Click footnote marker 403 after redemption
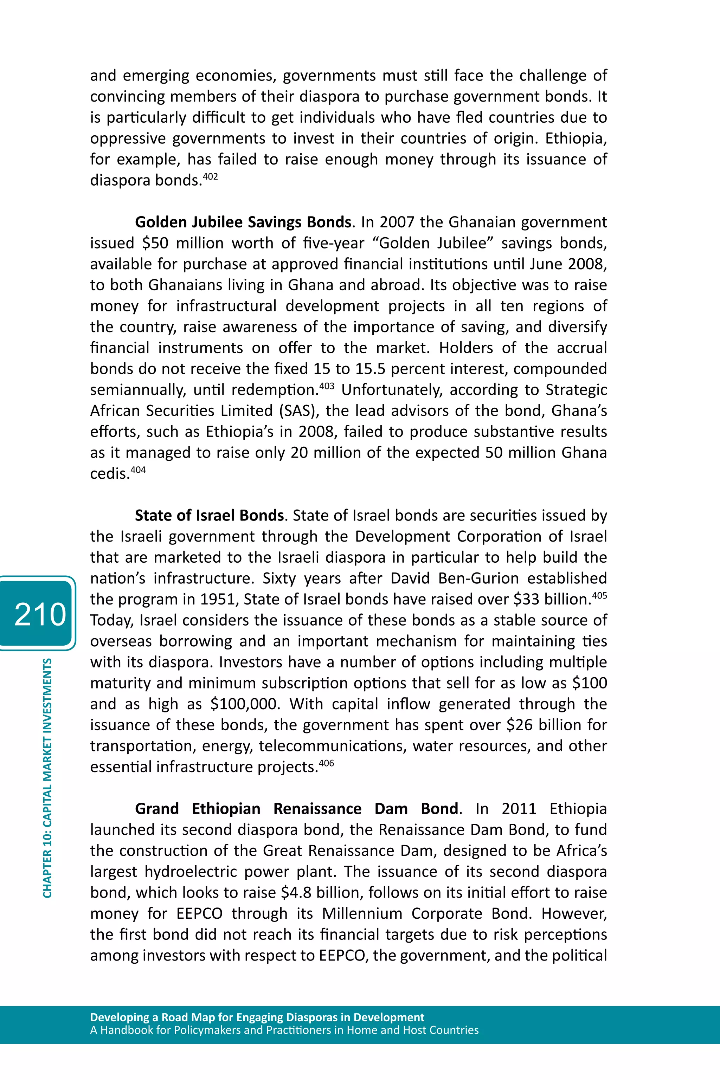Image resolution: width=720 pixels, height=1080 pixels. pos(327,386)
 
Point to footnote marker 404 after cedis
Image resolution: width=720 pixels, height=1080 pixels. pos(138,470)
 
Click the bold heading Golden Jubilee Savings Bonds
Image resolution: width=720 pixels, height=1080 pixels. pos(243,222)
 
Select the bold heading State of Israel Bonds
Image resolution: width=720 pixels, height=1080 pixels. pos(209,516)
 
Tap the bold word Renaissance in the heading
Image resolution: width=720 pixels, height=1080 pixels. pos(317,809)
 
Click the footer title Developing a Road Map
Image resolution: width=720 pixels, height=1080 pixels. pos(257,1017)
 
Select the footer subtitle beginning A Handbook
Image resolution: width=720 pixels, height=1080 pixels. pos(284,1030)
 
